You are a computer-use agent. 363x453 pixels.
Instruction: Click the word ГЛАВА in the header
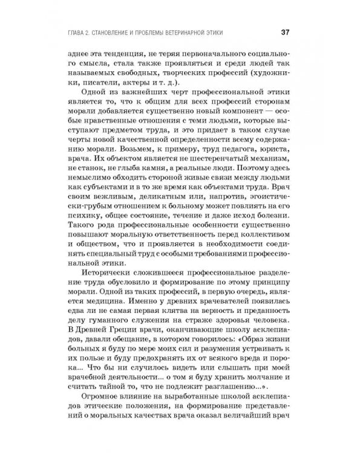coord(79,32)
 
